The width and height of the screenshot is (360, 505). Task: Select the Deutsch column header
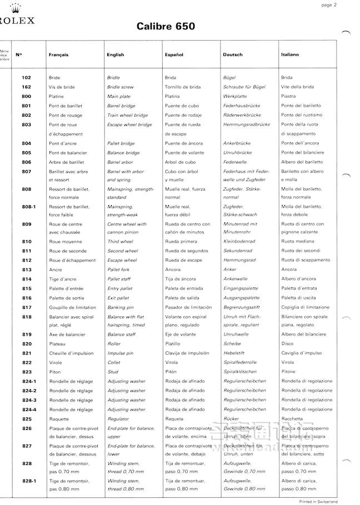click(x=232, y=55)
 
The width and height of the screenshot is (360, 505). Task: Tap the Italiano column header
click(x=290, y=55)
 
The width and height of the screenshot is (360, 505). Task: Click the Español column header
click(x=173, y=55)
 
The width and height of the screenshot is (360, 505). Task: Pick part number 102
click(x=27, y=78)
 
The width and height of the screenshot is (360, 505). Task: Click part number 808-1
click(x=29, y=206)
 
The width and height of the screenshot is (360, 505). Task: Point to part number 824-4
click(x=29, y=409)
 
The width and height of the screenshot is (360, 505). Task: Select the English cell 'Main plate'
click(x=118, y=97)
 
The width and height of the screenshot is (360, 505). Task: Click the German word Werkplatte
click(x=234, y=97)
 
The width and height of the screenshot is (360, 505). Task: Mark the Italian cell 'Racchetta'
click(x=292, y=419)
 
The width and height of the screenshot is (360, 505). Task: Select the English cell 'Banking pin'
click(x=121, y=307)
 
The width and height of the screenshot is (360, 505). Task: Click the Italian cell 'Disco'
click(x=287, y=344)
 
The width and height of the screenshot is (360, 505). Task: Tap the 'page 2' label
click(x=344, y=5)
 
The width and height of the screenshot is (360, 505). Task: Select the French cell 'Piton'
click(x=55, y=372)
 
